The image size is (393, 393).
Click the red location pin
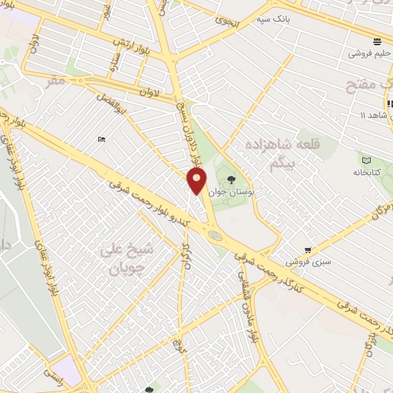pyautogui.click(x=197, y=182)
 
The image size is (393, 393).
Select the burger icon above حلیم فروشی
pyautogui.click(x=377, y=41)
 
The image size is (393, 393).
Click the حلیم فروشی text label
pyautogui.click(x=368, y=54)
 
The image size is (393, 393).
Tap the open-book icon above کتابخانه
pyautogui.click(x=366, y=160)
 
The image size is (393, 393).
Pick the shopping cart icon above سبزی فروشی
pyautogui.click(x=308, y=249)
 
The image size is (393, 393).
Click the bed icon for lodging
pyautogui.click(x=101, y=139)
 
